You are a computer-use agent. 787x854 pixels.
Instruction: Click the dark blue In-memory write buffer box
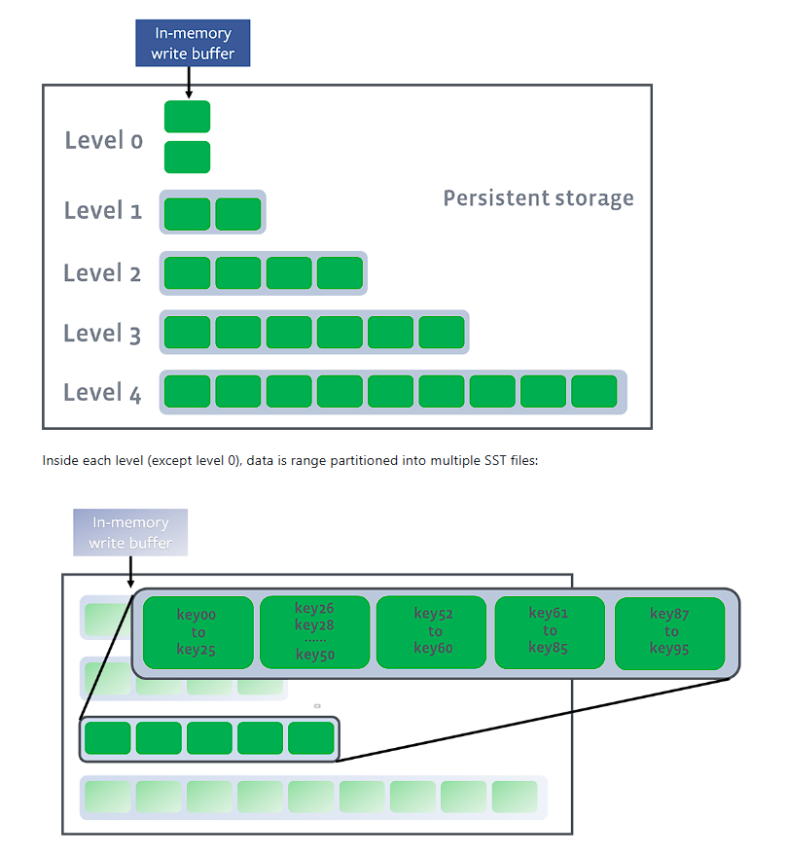(x=193, y=44)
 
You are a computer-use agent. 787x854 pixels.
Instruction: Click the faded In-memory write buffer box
(x=129, y=532)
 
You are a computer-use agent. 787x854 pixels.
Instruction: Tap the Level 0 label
(x=103, y=140)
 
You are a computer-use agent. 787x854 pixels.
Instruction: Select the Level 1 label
(x=103, y=210)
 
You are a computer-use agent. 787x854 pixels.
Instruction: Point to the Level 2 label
(x=102, y=272)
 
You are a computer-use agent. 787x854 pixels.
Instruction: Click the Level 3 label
(x=102, y=334)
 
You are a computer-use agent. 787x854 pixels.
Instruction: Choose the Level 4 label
(x=102, y=393)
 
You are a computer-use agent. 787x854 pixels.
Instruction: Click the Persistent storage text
(x=538, y=198)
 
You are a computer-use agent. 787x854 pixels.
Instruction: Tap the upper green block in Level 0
(x=187, y=117)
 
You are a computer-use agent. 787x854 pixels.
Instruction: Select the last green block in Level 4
(x=593, y=391)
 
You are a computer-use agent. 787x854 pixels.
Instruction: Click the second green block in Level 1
(x=238, y=214)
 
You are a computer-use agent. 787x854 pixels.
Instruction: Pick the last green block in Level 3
(x=442, y=333)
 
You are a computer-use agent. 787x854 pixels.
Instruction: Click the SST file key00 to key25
(x=197, y=632)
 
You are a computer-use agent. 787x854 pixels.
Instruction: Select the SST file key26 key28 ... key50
(x=314, y=632)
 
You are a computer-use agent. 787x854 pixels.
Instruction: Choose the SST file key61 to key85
(x=550, y=632)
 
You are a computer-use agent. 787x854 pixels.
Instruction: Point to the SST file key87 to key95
(x=669, y=632)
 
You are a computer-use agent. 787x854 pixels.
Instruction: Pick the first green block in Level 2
(x=187, y=273)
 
